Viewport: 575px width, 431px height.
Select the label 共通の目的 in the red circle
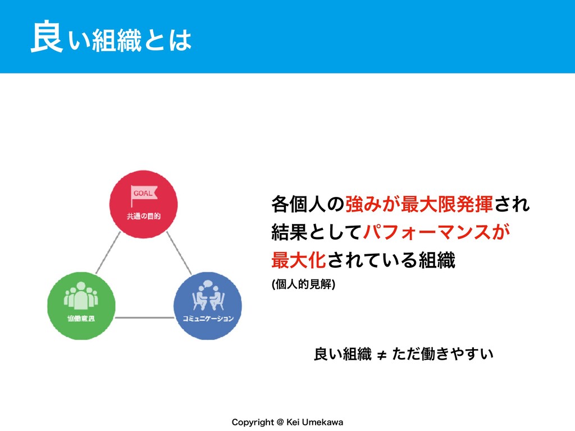(143, 215)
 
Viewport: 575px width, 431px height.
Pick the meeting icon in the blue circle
(208, 296)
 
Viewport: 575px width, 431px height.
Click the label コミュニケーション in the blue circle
(208, 319)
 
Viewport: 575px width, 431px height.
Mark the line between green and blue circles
(144, 317)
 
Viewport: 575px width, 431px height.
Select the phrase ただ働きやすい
(442, 354)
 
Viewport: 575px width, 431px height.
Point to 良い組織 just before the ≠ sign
(342, 354)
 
